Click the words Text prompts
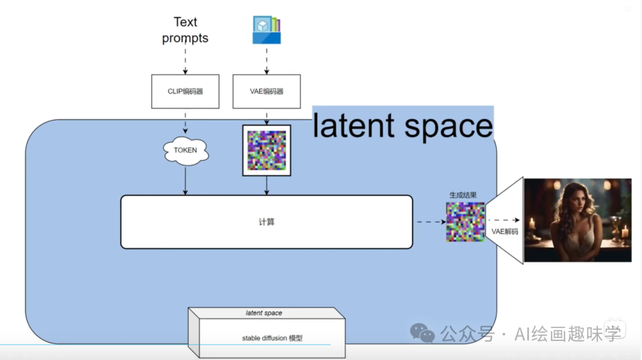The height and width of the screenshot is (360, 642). pos(185,30)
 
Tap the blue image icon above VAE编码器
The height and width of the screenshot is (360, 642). pos(266,30)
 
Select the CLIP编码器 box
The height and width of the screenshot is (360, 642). pos(185,91)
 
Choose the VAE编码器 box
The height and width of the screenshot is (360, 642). pos(266,91)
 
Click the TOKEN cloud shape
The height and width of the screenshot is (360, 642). pos(185,151)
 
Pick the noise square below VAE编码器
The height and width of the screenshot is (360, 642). pos(266,150)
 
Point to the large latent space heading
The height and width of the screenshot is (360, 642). pos(403,125)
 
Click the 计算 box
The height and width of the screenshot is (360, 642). pos(266,222)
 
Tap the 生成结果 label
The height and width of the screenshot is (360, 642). pos(463,195)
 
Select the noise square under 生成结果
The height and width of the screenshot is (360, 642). pos(465,222)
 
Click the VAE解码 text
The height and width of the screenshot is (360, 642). pos(505,232)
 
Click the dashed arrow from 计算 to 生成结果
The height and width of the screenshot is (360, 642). pos(430,222)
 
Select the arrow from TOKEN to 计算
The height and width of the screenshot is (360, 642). pos(185,180)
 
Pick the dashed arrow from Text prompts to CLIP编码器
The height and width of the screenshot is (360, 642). pos(185,59)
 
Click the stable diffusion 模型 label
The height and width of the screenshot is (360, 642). pos(272,338)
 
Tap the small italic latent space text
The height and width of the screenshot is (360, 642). pos(264,313)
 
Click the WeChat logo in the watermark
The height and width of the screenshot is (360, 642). pos(423,333)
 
